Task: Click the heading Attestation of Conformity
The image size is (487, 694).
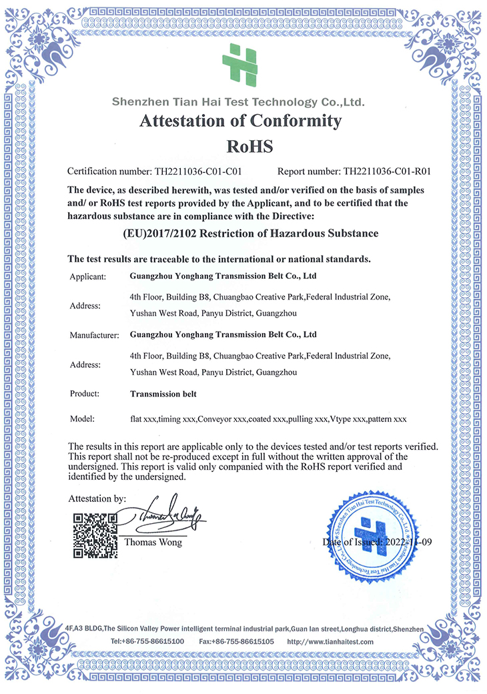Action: [x=240, y=121]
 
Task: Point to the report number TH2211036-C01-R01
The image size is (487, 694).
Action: [x=387, y=171]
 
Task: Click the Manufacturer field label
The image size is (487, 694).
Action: [x=94, y=335]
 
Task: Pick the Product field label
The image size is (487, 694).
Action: [x=85, y=394]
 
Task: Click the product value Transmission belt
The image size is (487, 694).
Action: [x=165, y=394]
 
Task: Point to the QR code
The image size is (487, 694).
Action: [x=95, y=535]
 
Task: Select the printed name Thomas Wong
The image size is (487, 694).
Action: [x=153, y=542]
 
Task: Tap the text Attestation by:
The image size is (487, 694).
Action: [x=97, y=498]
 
